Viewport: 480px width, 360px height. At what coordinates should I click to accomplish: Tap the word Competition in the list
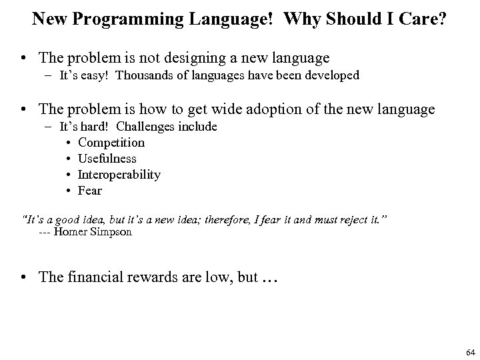click(x=111, y=142)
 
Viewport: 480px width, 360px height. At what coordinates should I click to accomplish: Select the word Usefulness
click(x=107, y=159)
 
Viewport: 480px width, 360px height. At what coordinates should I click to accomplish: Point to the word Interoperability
click(x=119, y=175)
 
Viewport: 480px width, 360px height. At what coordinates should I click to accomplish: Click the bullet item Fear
click(x=90, y=191)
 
